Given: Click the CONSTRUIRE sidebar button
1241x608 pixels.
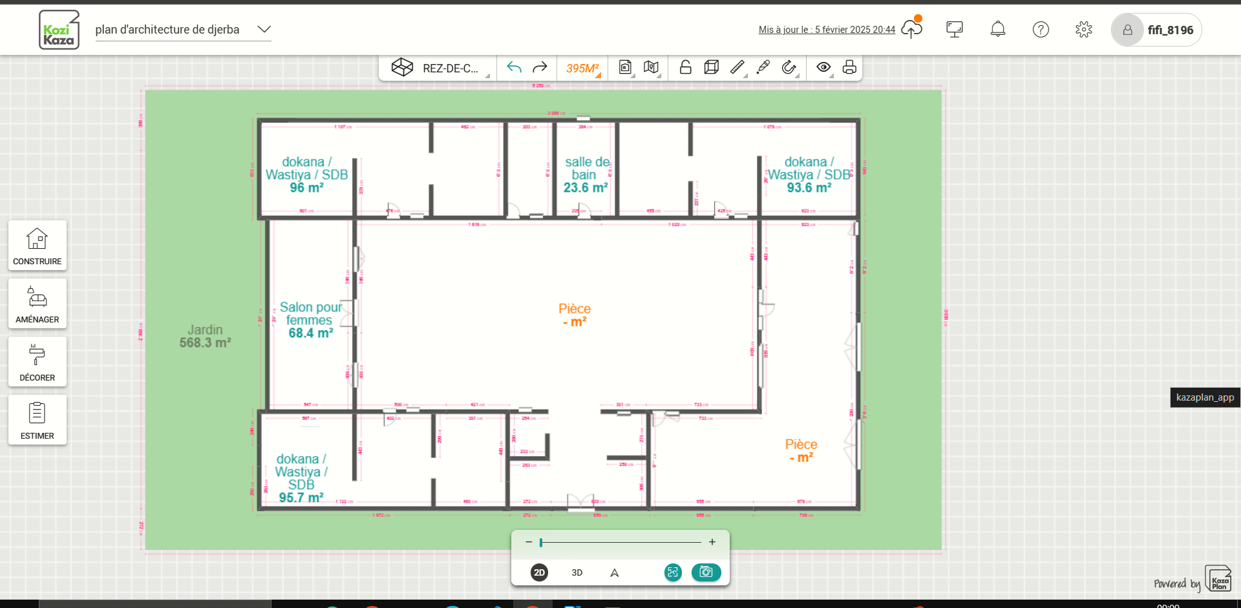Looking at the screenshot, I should (37, 246).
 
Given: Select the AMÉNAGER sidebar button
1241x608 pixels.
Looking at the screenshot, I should (37, 304).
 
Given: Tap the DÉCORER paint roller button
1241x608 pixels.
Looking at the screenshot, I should (37, 362).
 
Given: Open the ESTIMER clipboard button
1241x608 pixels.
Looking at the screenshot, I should (37, 420).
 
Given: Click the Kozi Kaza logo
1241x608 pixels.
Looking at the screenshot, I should (59, 30).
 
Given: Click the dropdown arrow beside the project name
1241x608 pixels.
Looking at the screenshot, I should (264, 30).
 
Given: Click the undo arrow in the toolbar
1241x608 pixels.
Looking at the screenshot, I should (514, 67).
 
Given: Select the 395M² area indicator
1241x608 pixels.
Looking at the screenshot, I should (582, 68).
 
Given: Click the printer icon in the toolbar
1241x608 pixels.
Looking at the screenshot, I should (849, 67).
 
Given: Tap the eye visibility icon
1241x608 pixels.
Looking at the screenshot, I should (823, 67).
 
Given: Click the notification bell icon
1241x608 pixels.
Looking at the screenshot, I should (998, 29).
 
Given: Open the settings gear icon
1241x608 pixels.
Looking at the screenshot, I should (1084, 29).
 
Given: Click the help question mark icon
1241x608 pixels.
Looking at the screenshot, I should (1041, 29).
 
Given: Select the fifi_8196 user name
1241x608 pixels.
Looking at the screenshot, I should (1170, 30).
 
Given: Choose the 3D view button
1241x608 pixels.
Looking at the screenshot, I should (577, 572).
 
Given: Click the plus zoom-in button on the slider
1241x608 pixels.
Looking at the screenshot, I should (712, 542).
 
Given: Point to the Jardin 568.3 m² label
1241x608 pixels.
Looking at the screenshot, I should (205, 336).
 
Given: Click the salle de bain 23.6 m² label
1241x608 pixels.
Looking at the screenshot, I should (586, 174).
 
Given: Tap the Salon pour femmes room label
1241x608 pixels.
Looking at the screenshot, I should (310, 320).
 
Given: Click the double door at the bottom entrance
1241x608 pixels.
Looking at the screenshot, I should (580, 503).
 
